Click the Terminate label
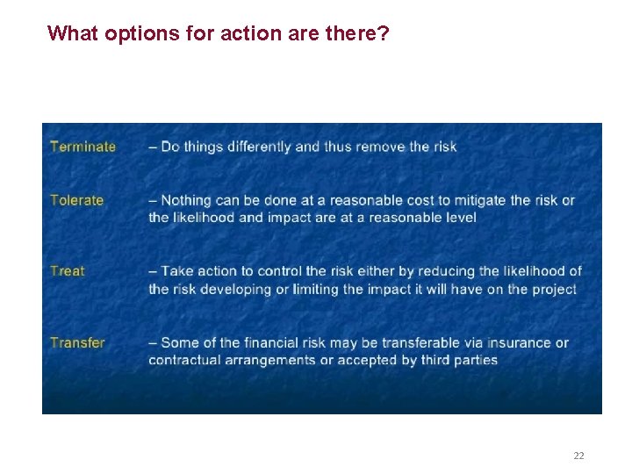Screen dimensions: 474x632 83,147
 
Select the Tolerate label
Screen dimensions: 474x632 76,200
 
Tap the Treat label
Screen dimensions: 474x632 68,271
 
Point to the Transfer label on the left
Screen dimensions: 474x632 77,342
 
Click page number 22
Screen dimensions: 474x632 578,456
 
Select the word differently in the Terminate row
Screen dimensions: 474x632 260,147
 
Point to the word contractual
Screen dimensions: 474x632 188,360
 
